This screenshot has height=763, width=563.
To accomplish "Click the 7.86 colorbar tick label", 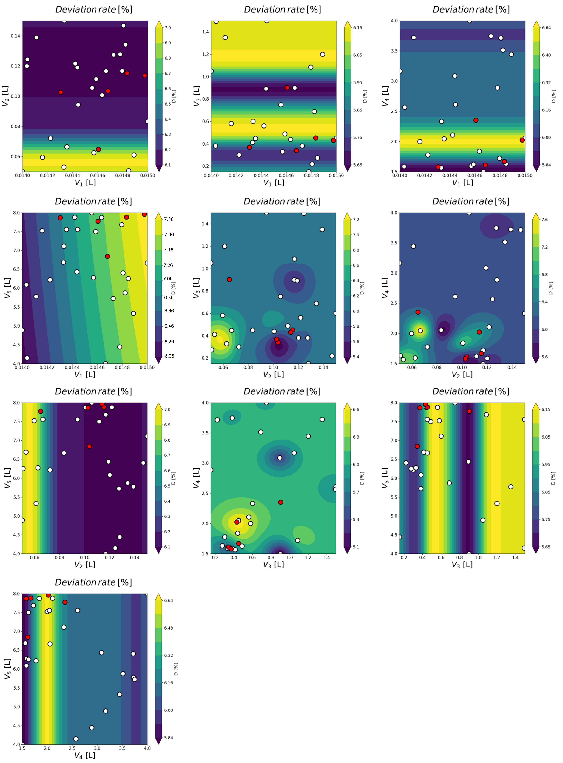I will (x=169, y=219).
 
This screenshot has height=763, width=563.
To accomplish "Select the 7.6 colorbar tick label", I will (x=545, y=220).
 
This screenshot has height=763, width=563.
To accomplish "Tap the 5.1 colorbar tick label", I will (x=356, y=547).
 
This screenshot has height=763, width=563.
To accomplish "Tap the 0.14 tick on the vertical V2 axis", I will (x=15, y=36).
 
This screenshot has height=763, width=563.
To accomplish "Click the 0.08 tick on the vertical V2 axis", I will (x=15, y=126).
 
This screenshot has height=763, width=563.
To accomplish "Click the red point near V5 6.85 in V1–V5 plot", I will (x=107, y=256).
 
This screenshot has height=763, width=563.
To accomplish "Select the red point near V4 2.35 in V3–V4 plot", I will (x=280, y=502).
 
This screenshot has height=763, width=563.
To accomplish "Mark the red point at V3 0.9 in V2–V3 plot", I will (x=229, y=279).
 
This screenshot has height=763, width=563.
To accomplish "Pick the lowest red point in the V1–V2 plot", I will (x=98, y=149).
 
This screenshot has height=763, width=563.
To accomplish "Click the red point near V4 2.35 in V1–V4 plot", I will (x=476, y=120).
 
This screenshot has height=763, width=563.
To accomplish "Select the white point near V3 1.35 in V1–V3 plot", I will (x=225, y=38).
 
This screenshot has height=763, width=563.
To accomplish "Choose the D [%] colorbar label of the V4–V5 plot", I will (x=176, y=669).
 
